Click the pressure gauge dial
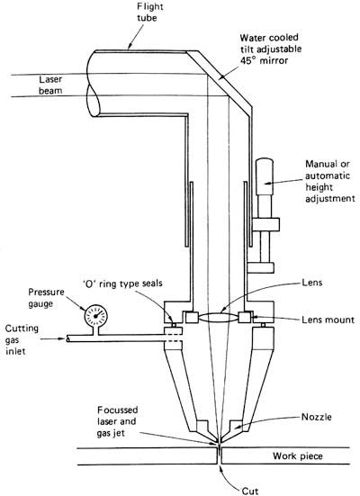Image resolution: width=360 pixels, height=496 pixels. pos(96,316)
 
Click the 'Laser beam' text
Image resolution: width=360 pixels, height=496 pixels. pos(50,85)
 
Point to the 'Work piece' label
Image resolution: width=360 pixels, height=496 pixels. pos(298,456)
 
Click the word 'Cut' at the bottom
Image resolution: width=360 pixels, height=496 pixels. pos(250,491)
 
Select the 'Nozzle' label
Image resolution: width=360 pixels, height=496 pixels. pos(316,417)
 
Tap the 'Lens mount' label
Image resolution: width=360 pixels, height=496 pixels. pos(328,320)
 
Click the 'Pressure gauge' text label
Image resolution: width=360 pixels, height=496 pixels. pos(46,298)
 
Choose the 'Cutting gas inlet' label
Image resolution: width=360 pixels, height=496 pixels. pos(22,339)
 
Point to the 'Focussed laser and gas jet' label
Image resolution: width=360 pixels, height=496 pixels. pos(117,421)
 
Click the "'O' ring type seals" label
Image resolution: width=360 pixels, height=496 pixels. pos(121,284)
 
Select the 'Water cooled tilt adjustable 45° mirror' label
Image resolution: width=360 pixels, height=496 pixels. pos(271,49)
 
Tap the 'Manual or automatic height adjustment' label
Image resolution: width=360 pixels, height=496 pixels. pos(330,181)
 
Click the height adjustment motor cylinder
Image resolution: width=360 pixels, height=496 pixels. pos(265,176)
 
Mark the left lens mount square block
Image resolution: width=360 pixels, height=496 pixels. pos(192,317)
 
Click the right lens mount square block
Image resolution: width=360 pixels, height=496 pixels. pos(245,317)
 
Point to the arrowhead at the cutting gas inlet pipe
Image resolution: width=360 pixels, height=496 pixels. pos(62,339)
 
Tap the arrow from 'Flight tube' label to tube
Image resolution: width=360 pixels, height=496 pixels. pos(136,37)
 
